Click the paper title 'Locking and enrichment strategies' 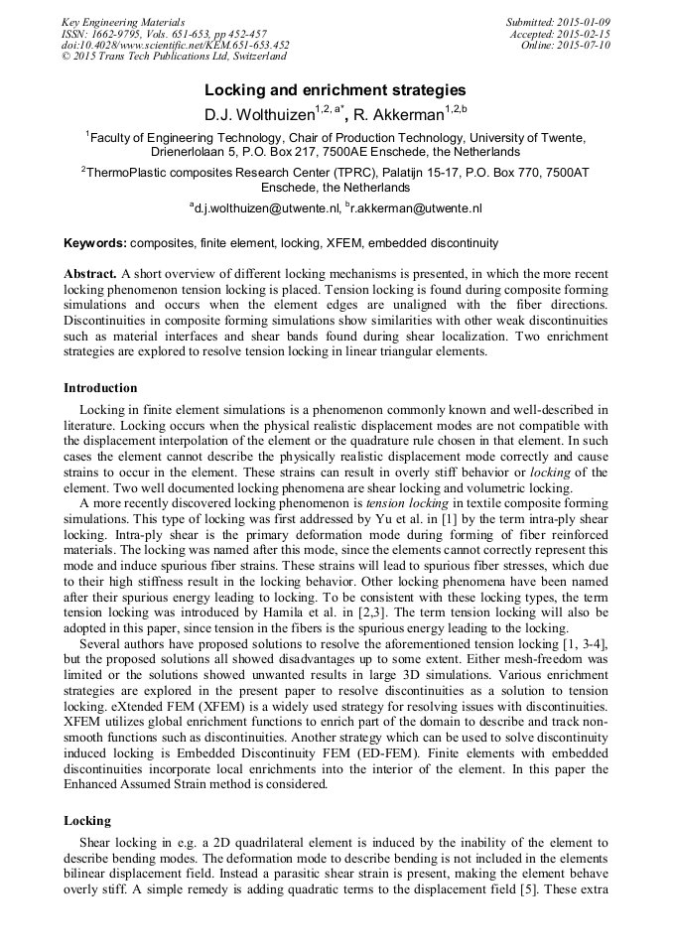(x=336, y=90)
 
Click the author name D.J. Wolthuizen (x=258, y=115)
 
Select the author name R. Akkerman (x=395, y=115)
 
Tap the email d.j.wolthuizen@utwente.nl (x=268, y=208)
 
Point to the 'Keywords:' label (x=95, y=243)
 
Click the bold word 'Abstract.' (x=90, y=273)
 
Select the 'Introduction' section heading (x=100, y=387)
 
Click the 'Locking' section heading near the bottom (x=86, y=821)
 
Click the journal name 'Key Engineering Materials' (x=122, y=22)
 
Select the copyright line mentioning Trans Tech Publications (x=166, y=57)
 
